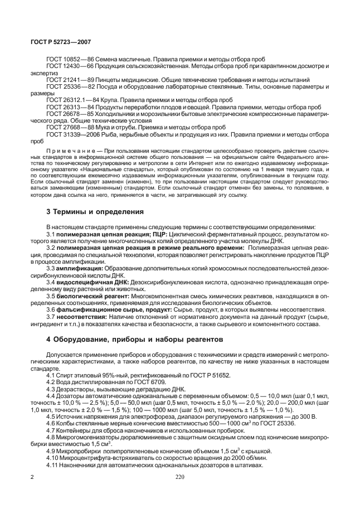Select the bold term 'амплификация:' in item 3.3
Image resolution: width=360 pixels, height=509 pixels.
[79, 268]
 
